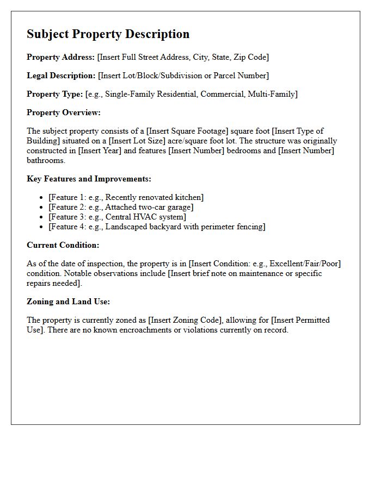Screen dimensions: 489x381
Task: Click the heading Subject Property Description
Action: (108, 34)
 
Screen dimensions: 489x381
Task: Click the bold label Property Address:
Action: (61, 57)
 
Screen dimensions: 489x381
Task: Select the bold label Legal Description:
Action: (61, 76)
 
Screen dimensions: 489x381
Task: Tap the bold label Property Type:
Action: (55, 94)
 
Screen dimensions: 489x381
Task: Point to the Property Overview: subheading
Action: (64, 112)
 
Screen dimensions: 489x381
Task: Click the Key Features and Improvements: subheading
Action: (89, 179)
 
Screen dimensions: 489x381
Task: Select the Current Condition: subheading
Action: (63, 245)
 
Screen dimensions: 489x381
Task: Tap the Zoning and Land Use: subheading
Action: (68, 302)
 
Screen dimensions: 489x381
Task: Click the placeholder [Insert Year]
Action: (100, 151)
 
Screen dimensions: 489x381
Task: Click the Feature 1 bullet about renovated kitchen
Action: (126, 197)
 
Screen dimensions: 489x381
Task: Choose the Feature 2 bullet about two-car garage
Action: (121, 207)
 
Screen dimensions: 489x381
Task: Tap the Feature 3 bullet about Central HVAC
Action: (117, 217)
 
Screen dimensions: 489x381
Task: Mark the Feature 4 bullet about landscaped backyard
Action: (157, 227)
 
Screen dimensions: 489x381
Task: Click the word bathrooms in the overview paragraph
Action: (45, 160)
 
